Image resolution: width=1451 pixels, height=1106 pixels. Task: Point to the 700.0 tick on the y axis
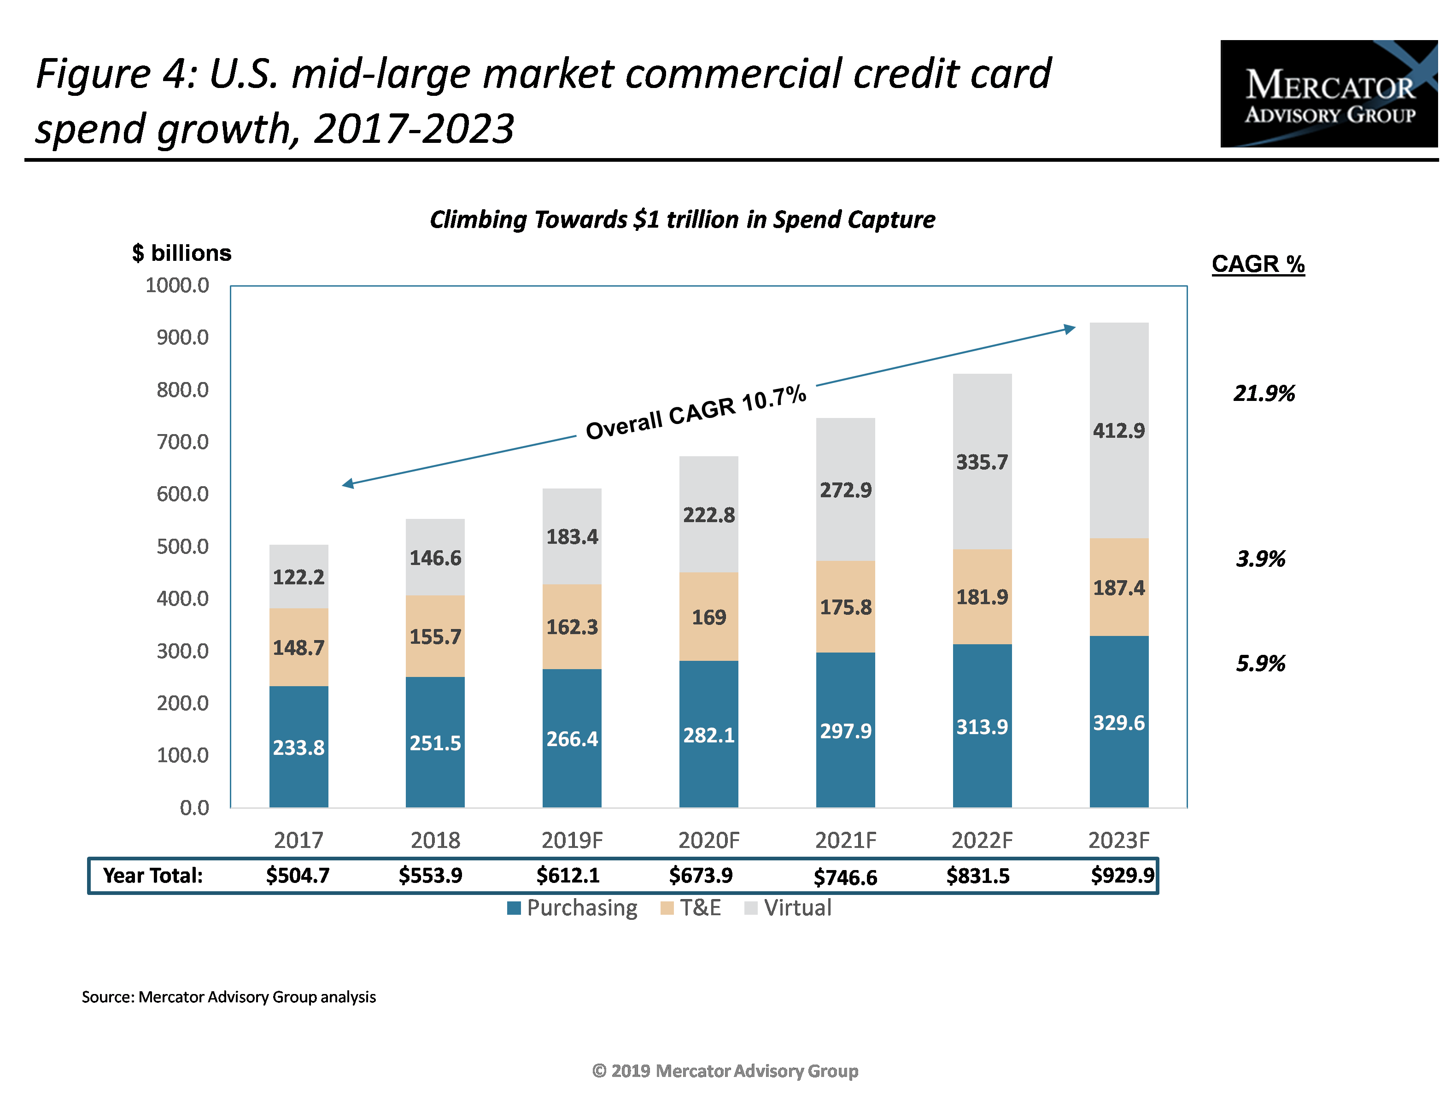(182, 442)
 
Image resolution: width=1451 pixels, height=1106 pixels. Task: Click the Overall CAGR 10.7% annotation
(696, 412)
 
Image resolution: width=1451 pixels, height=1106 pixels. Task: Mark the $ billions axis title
(181, 253)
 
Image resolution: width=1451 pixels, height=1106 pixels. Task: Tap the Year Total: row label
(152, 875)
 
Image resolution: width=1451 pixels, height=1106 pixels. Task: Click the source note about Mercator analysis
(228, 997)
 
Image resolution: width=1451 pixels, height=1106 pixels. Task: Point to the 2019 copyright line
(725, 1071)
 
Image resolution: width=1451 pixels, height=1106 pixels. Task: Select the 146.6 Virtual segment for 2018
(435, 558)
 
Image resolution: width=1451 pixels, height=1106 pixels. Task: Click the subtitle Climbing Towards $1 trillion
(682, 219)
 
